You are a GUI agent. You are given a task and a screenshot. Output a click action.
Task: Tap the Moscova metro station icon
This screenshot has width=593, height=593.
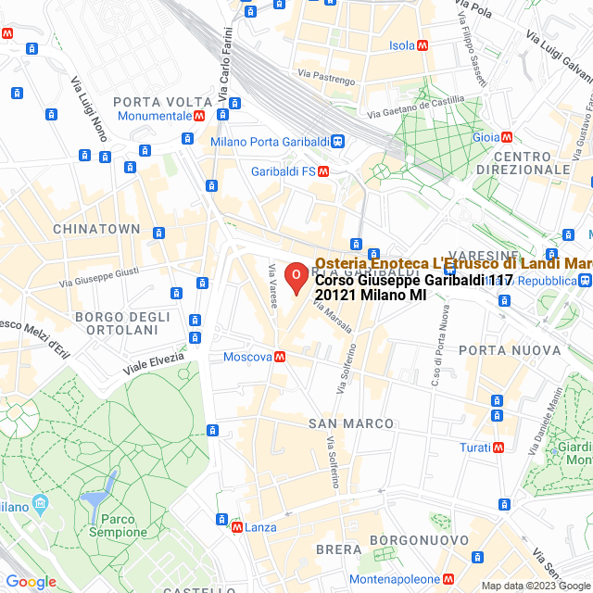(x=280, y=357)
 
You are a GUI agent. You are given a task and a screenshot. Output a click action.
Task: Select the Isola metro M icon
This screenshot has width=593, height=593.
(x=423, y=45)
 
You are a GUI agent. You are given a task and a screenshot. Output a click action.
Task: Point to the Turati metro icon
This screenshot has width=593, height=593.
(x=498, y=448)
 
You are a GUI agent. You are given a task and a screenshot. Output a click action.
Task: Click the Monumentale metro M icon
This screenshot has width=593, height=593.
(x=199, y=116)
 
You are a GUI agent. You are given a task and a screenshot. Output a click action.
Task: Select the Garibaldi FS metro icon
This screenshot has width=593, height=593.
(x=323, y=171)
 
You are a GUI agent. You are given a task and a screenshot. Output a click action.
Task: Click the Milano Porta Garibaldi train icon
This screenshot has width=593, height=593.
(x=339, y=142)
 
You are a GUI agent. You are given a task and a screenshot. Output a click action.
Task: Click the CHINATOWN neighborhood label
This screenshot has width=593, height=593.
(x=96, y=229)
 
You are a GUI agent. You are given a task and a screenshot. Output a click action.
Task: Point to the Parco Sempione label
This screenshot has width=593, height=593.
(x=118, y=525)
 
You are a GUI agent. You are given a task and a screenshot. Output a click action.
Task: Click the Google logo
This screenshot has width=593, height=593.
(x=31, y=582)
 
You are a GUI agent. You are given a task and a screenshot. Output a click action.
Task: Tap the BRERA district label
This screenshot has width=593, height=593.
(x=338, y=549)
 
